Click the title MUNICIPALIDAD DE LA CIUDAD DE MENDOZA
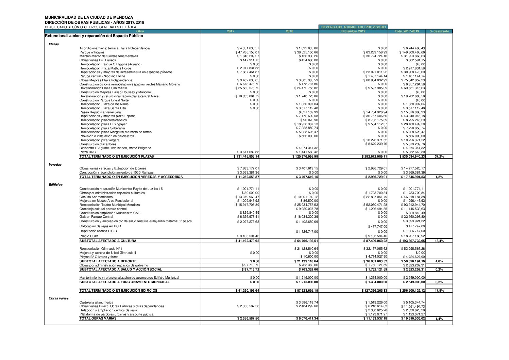pos(89,17)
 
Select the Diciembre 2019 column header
pos(353,31)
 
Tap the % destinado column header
pos(439,31)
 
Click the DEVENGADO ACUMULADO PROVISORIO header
pos(353,27)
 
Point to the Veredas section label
pos(55,165)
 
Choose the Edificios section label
pos(55,185)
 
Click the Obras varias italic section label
pos(58,298)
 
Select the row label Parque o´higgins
pos(92,52)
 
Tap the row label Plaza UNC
pos(85,152)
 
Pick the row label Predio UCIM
pos(89,236)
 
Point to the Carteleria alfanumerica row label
pos(96,302)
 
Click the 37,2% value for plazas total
pos(439,157)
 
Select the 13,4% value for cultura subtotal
pos(439,241)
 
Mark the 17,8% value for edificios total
pos(439,291)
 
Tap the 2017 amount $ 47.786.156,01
pos(247,52)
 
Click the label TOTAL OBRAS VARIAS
pos(98,318)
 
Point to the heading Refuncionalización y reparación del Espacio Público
pos(94,36)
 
